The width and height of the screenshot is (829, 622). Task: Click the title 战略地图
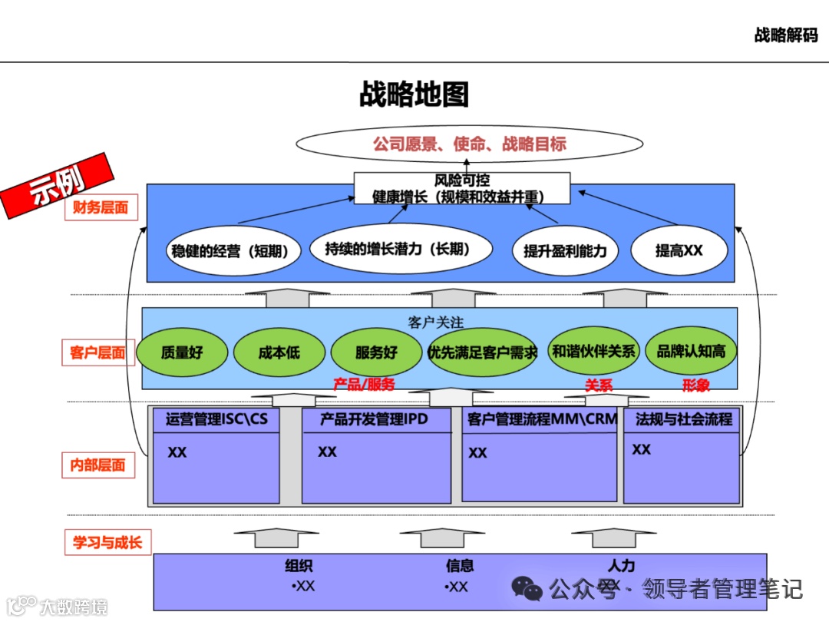(414, 94)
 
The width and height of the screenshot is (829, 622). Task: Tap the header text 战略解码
(785, 35)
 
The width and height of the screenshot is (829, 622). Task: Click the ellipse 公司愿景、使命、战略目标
(469, 144)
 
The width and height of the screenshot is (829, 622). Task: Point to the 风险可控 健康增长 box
(461, 189)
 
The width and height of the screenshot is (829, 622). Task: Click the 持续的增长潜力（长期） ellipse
(397, 249)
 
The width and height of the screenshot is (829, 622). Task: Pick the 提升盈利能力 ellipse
(564, 251)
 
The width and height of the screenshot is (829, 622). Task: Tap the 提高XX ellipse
(679, 250)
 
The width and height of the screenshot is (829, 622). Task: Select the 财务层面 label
(101, 207)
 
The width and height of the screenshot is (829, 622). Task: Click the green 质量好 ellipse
(182, 353)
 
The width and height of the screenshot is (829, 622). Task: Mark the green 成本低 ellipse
(279, 353)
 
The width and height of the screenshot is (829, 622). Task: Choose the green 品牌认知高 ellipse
(690, 352)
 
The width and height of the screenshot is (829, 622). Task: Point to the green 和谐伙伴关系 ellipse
(593, 352)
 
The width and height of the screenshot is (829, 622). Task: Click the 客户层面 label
(97, 352)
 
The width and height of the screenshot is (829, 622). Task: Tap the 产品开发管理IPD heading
(374, 419)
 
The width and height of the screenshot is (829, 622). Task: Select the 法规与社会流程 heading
(683, 419)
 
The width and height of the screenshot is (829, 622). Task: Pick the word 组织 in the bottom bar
(299, 567)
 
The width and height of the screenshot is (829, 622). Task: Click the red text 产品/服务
(364, 385)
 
